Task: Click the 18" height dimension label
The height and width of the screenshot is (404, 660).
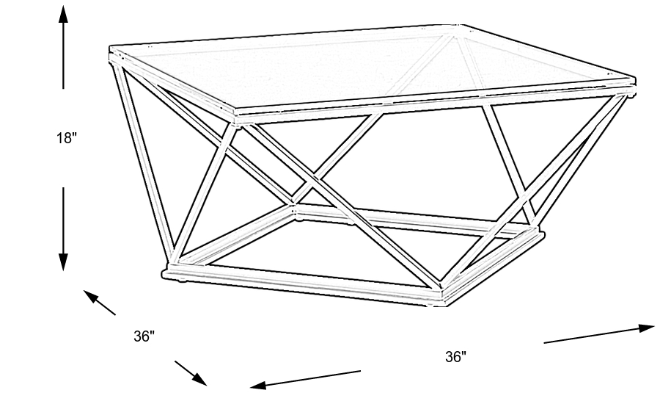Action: (66, 138)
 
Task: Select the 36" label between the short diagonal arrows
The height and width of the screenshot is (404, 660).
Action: (144, 336)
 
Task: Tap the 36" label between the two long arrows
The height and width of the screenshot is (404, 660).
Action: (455, 357)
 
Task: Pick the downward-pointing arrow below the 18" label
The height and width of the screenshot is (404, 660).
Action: (64, 228)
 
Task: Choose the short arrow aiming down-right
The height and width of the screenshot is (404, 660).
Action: (191, 373)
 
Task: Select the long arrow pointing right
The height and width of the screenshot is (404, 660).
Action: (598, 333)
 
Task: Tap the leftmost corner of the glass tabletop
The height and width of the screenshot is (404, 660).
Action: (110, 54)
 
